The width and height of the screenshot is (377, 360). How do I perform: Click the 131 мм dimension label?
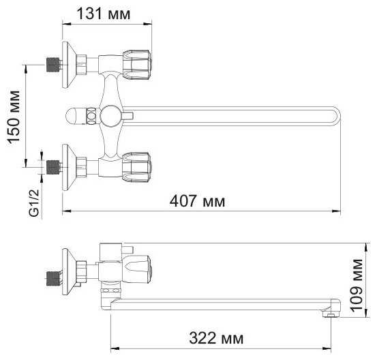point(104,14)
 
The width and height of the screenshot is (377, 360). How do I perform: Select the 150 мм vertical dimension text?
point(14,117)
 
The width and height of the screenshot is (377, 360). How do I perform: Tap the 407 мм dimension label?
point(197,201)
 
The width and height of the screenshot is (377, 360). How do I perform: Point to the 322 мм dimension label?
point(216,338)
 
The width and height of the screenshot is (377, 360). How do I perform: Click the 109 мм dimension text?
point(357,286)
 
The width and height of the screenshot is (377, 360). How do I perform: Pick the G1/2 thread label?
point(34,203)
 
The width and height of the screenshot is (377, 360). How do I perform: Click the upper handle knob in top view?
point(136,65)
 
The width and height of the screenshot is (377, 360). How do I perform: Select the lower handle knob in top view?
point(136,167)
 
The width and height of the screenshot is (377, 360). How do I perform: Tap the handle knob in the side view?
point(137,269)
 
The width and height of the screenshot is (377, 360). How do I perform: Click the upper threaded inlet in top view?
point(53,65)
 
